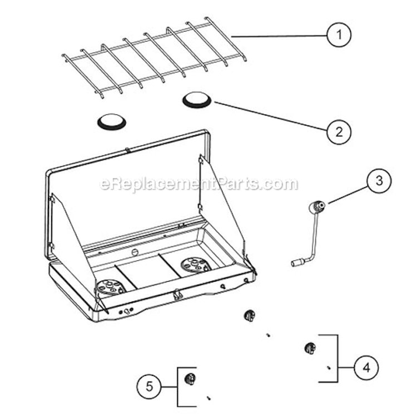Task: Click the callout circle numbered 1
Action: (339, 35)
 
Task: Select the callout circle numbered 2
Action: (339, 132)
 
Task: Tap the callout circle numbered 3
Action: (379, 181)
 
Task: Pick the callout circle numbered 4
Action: (366, 368)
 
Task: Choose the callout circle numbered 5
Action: (149, 386)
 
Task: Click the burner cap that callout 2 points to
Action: (196, 100)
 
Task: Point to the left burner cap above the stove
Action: (112, 122)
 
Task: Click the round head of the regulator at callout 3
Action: (317, 206)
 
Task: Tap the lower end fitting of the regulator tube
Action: (295, 264)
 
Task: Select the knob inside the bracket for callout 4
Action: (310, 348)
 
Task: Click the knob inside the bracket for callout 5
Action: (190, 379)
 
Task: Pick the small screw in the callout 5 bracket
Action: (209, 398)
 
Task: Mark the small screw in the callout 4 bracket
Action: (329, 368)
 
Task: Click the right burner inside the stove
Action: (196, 265)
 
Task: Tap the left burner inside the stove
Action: (110, 287)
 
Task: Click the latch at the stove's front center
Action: (177, 295)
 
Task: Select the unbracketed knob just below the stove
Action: (250, 315)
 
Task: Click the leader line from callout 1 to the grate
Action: (279, 36)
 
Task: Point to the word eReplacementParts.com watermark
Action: (199, 184)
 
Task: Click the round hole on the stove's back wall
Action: (135, 252)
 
